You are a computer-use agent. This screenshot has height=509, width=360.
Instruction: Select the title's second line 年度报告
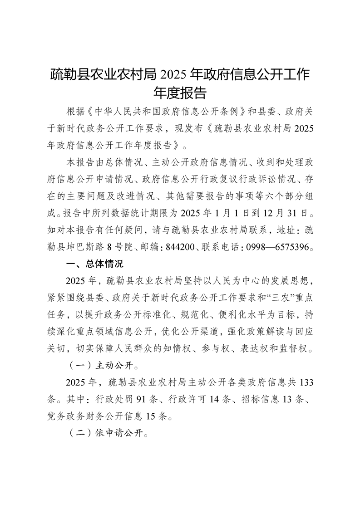point(180,93)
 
